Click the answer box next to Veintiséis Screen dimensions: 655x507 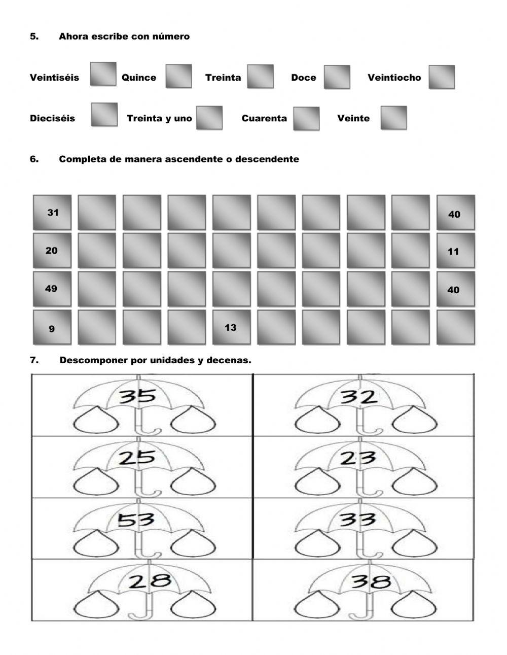(x=103, y=74)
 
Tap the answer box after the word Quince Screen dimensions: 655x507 (x=178, y=76)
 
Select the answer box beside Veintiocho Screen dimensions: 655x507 (x=441, y=77)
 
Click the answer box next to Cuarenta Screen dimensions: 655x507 (x=306, y=118)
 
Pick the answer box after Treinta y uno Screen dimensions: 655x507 (x=209, y=118)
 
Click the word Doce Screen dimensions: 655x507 (x=303, y=78)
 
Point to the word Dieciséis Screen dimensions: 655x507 (x=52, y=118)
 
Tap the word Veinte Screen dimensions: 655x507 (x=353, y=118)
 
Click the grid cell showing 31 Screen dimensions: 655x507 (x=52, y=213)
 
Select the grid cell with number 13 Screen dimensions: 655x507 (x=231, y=327)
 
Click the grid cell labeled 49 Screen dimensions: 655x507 (x=52, y=289)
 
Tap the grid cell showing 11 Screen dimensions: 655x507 (x=455, y=251)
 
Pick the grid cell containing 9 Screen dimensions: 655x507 (x=52, y=328)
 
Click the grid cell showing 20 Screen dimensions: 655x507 (x=52, y=251)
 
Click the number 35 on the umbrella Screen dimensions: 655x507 (x=138, y=395)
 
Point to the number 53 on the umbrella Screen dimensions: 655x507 (x=135, y=520)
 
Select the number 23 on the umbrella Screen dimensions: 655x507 (x=358, y=458)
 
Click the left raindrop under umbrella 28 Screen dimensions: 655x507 (x=105, y=605)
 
